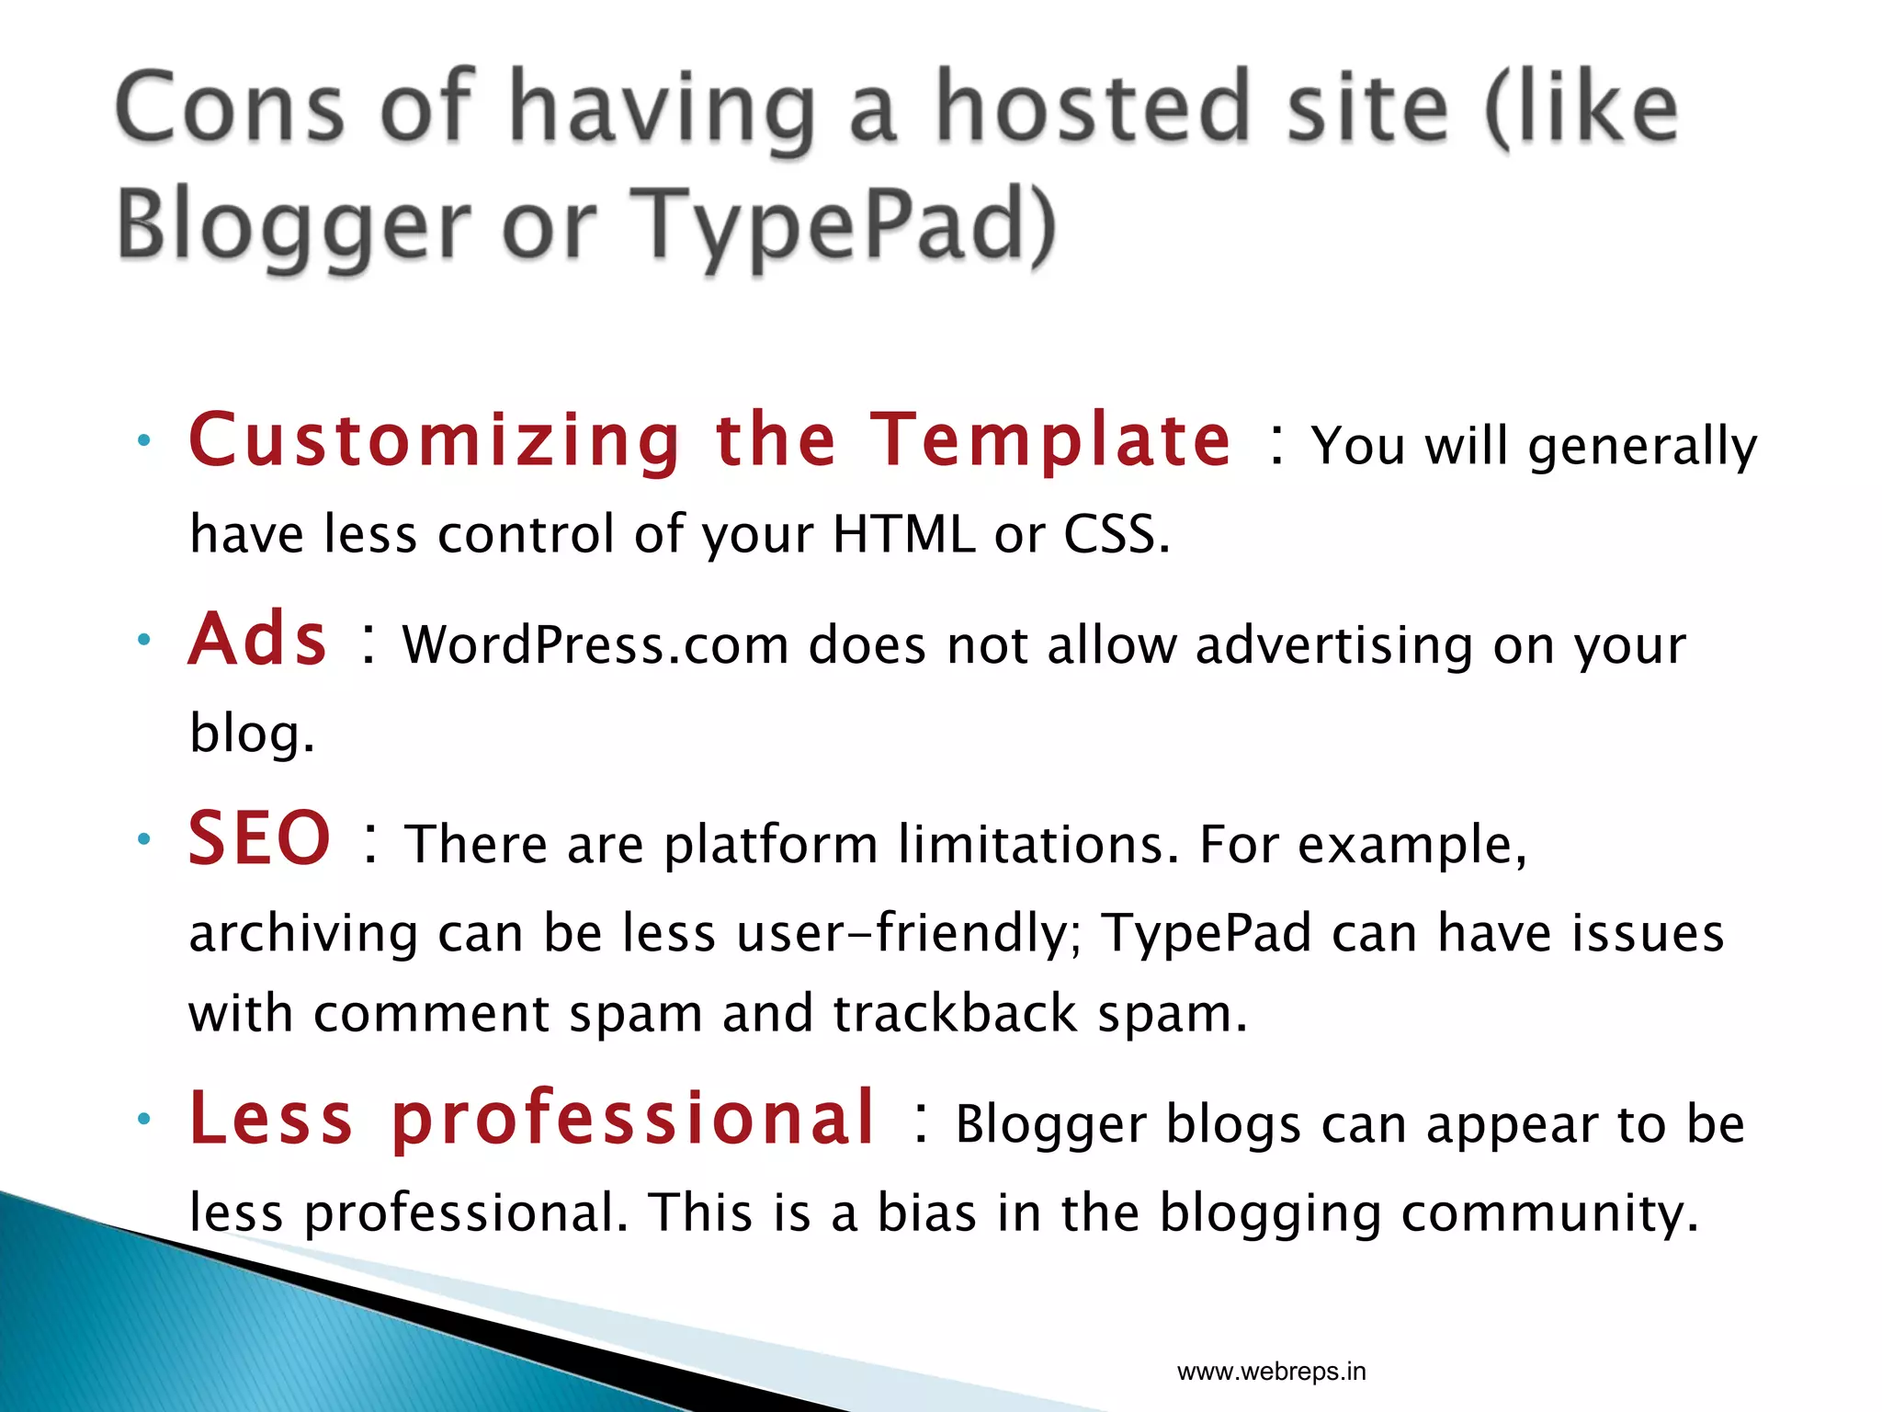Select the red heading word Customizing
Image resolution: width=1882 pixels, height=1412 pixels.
click(x=435, y=440)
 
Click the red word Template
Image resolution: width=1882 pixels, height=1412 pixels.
click(x=1050, y=440)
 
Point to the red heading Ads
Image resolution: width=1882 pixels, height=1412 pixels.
click(x=258, y=640)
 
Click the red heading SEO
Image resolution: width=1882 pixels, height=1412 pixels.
click(x=259, y=838)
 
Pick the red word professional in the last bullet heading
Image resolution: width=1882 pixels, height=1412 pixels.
click(x=633, y=1119)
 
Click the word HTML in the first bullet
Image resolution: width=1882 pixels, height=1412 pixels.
click(x=902, y=534)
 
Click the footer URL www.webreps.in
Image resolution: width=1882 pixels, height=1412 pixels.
click(x=1271, y=1372)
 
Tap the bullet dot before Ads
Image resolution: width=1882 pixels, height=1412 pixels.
click(x=143, y=639)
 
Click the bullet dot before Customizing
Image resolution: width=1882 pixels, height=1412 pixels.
click(x=143, y=440)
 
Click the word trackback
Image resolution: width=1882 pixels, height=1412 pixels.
click(x=955, y=1013)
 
